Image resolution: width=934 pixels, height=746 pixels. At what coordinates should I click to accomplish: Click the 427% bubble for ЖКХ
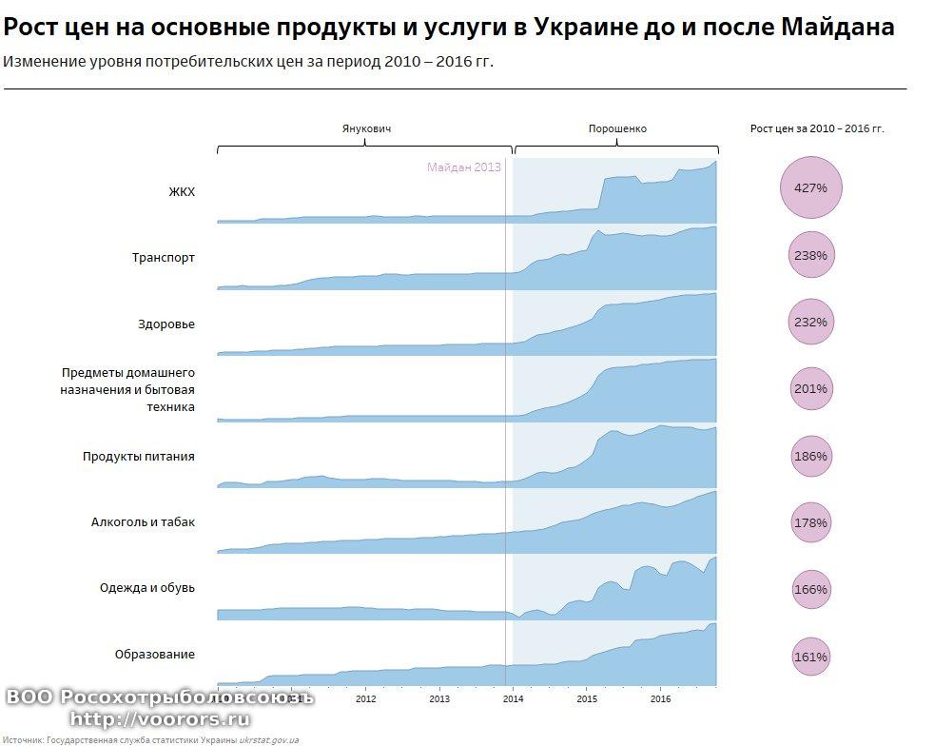point(810,187)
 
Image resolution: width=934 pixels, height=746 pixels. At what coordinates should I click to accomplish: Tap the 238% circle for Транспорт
point(810,255)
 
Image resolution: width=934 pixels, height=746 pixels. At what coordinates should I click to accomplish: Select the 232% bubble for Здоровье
point(810,322)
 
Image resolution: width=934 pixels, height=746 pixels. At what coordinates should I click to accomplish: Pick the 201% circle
point(810,388)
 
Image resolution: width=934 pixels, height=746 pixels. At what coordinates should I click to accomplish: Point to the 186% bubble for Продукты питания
point(810,456)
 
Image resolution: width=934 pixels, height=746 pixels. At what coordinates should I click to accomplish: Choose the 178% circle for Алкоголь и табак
point(810,522)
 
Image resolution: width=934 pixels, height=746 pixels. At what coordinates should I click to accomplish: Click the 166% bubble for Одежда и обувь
point(810,589)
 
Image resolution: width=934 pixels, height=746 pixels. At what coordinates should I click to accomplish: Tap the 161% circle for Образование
point(810,657)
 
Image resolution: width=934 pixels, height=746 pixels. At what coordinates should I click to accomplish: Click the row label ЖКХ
point(181,191)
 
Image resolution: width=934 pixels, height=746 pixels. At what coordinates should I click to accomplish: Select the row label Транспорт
point(163,257)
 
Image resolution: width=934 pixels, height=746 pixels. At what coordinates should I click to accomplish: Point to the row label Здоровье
point(165,324)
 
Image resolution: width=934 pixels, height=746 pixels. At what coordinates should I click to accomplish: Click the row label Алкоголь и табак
point(143,521)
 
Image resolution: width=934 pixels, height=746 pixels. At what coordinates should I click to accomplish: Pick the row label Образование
point(154,654)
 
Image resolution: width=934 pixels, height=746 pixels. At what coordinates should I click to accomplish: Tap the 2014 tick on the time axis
point(514,698)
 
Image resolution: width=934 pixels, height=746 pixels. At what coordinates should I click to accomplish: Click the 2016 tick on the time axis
point(662,698)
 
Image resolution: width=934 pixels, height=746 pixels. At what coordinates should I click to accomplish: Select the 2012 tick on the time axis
point(366,698)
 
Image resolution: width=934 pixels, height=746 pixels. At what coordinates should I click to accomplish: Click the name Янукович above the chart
point(366,128)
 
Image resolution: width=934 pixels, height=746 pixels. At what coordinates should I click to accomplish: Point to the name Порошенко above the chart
point(617,128)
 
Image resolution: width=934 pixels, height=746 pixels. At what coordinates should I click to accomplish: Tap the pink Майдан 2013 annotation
point(463,167)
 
